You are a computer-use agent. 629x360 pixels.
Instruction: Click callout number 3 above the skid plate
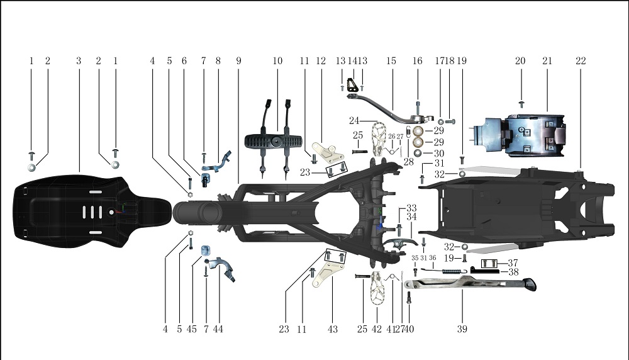(x=79, y=61)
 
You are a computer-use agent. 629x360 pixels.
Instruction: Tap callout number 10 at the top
(x=277, y=61)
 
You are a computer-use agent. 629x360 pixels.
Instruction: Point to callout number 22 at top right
(x=580, y=61)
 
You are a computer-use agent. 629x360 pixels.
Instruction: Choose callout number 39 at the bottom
(x=462, y=329)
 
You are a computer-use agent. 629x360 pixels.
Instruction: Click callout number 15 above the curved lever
(x=391, y=61)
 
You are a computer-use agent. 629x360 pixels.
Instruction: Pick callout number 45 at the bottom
(x=192, y=329)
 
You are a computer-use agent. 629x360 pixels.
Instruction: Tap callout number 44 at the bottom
(x=218, y=329)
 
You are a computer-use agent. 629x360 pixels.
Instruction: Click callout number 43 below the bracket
(x=333, y=329)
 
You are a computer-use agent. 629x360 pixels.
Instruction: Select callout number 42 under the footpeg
(x=377, y=329)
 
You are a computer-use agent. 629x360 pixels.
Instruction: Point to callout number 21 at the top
(x=547, y=61)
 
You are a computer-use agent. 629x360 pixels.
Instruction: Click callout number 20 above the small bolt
(x=520, y=61)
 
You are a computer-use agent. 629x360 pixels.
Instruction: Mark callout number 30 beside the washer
(x=438, y=153)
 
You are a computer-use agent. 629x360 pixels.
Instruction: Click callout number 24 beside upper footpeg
(x=354, y=120)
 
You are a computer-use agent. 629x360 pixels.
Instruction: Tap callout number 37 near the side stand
(x=513, y=262)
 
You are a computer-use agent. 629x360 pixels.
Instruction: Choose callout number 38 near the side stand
(x=513, y=273)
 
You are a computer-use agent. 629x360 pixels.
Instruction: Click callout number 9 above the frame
(x=239, y=61)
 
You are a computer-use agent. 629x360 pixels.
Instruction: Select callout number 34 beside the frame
(x=411, y=217)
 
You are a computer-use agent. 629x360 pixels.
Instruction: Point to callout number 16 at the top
(x=417, y=61)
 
